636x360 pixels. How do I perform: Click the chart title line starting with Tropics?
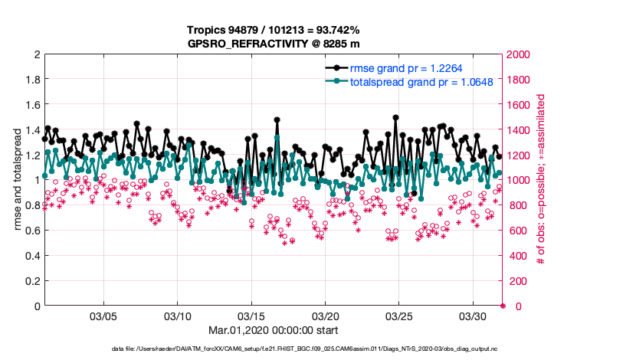coord(273,30)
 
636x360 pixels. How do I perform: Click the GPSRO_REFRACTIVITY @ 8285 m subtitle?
coord(273,44)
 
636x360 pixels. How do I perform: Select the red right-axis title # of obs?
coord(540,180)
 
